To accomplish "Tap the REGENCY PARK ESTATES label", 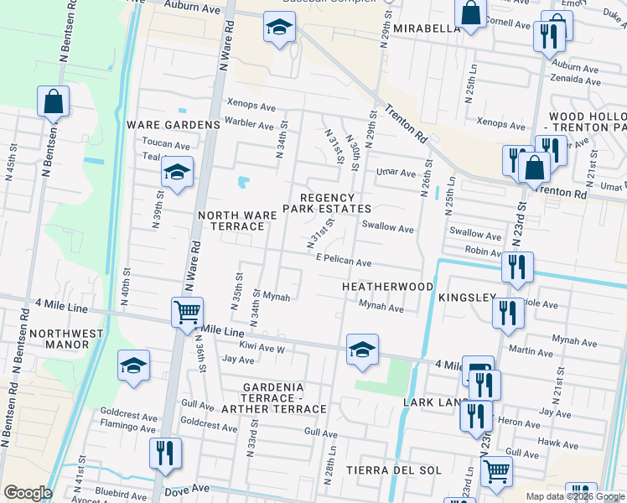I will (326, 201).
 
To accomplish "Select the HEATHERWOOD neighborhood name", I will (387, 287).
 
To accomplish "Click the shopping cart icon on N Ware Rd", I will (187, 313).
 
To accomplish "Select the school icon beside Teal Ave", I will (177, 173).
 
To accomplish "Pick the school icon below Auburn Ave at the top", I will (279, 28).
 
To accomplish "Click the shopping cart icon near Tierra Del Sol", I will (496, 471).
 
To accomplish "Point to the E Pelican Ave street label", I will (344, 262).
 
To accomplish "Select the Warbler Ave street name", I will (249, 124).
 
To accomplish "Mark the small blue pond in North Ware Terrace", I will (244, 182).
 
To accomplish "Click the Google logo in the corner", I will (28, 493).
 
